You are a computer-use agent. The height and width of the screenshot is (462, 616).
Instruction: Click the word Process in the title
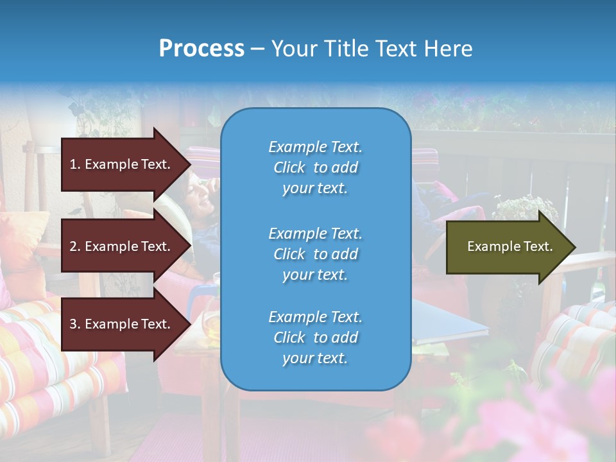click(x=201, y=49)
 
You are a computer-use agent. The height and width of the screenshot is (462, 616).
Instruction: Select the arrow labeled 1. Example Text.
click(x=122, y=164)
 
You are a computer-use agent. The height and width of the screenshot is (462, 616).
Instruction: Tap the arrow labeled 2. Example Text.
click(x=122, y=246)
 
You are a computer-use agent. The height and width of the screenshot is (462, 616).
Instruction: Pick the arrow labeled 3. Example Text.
click(x=122, y=324)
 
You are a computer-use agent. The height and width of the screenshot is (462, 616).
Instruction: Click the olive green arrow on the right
click(x=507, y=246)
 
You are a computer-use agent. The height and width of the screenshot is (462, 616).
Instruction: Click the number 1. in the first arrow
click(x=75, y=164)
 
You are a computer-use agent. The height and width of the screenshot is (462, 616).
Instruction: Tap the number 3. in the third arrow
click(x=75, y=324)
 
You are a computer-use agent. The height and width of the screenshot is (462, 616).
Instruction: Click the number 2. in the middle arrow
click(x=75, y=246)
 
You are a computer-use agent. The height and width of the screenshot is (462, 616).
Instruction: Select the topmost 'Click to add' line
click(x=315, y=167)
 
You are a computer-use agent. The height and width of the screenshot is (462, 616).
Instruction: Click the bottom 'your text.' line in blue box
click(x=315, y=358)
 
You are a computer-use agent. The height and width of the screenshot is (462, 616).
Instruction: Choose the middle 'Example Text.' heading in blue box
click(x=315, y=234)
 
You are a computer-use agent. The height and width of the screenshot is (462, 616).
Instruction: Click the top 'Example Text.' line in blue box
click(x=315, y=147)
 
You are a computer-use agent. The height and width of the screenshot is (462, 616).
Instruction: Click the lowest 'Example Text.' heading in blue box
click(x=315, y=317)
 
